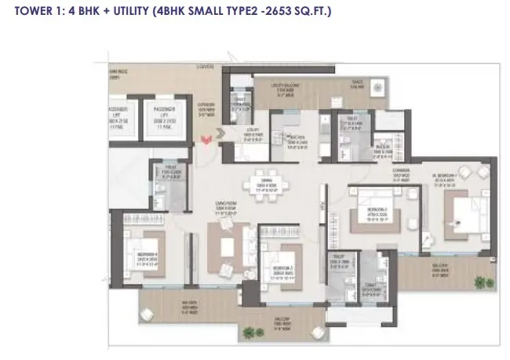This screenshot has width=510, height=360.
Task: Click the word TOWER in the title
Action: coord(25,12)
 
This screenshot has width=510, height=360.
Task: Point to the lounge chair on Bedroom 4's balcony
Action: coord(156,303)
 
